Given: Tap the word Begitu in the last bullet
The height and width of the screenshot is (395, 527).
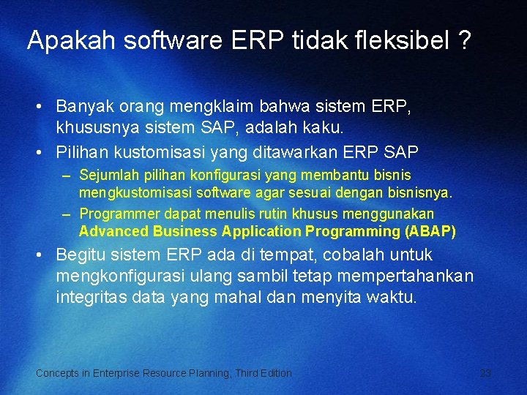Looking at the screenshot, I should [81, 255].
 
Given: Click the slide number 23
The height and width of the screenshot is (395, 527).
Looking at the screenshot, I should [485, 373].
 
